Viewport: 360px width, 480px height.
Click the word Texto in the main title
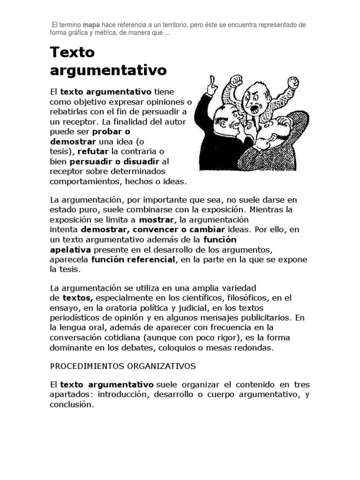coord(72,52)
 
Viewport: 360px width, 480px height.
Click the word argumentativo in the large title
coord(108,71)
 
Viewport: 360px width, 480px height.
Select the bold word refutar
coord(93,151)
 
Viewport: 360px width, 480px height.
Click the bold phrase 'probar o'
coord(111,131)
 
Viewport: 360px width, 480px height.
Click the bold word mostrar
coord(156,220)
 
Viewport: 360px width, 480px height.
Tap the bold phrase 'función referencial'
coord(133,260)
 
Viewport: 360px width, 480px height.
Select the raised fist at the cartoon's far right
coord(292,82)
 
